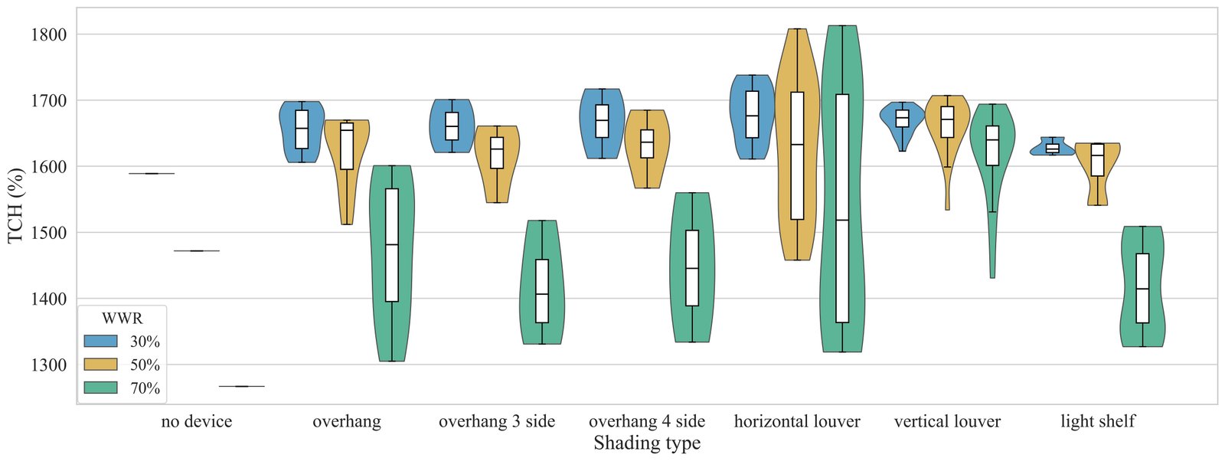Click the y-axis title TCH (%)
tap(15, 205)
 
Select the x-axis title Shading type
tap(647, 443)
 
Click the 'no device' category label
tap(196, 421)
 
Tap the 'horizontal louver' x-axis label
tap(797, 421)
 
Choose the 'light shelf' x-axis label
tap(1098, 421)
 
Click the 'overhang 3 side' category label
tap(497, 421)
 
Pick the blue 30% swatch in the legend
tap(100, 342)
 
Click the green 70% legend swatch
tap(100, 387)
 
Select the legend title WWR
tap(122, 318)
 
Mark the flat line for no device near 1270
tap(241, 386)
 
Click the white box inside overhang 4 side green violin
tap(692, 268)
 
